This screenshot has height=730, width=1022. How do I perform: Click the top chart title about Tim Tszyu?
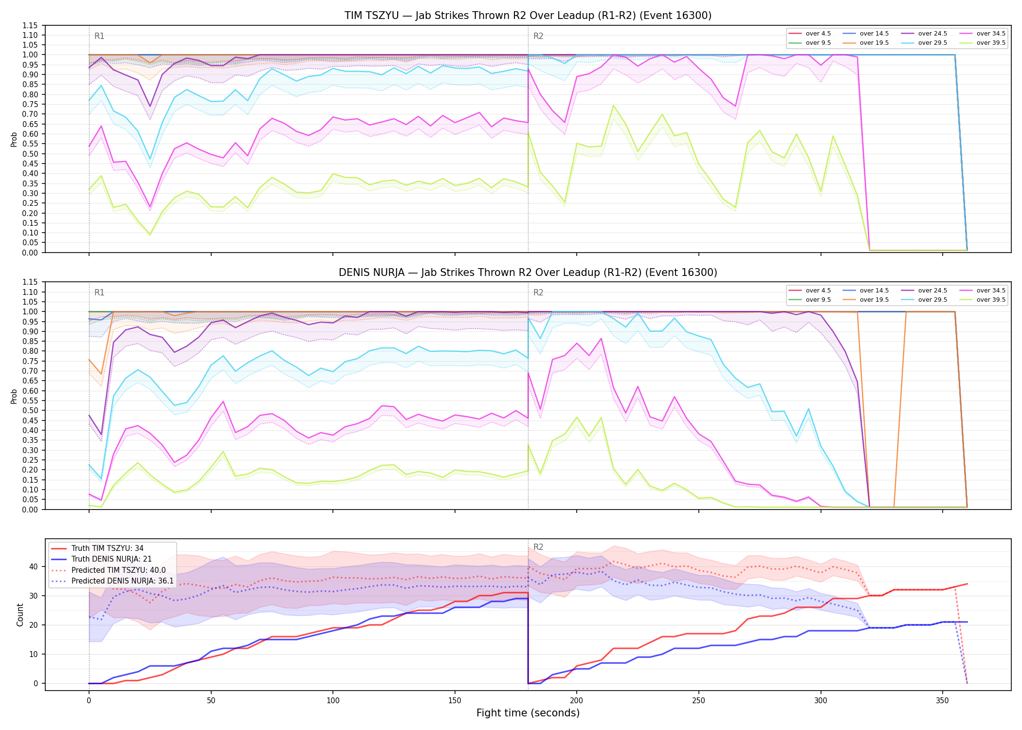coord(528,16)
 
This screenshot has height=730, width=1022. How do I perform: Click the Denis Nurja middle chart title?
coord(528,273)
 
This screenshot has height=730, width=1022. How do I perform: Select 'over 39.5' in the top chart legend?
coord(991,43)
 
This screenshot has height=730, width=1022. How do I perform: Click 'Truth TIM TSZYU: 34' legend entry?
coord(108,548)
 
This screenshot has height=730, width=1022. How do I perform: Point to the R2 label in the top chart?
coord(538,36)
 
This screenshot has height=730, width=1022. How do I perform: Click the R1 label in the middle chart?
coord(99,292)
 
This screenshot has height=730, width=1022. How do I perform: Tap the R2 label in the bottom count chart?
coord(538,547)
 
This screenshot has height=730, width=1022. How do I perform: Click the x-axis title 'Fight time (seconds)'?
coord(528,713)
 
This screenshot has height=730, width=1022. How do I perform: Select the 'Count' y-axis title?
coord(20,615)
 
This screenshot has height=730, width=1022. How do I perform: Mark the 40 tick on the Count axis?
coord(34,566)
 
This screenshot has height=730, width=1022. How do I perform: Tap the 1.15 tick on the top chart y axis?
coord(30,25)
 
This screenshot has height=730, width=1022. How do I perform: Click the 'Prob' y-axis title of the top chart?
coord(14,140)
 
